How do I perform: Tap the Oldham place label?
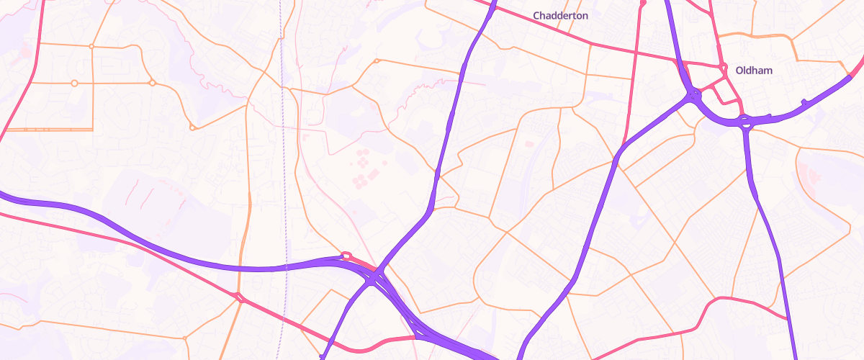753,70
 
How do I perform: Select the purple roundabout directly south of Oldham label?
745,123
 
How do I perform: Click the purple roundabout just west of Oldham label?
693,94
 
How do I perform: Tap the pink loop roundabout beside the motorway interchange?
346,255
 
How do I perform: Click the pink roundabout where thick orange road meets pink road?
239,297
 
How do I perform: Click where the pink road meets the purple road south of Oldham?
787,318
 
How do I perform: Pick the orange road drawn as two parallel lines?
47,130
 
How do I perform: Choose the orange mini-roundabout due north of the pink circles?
376,61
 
